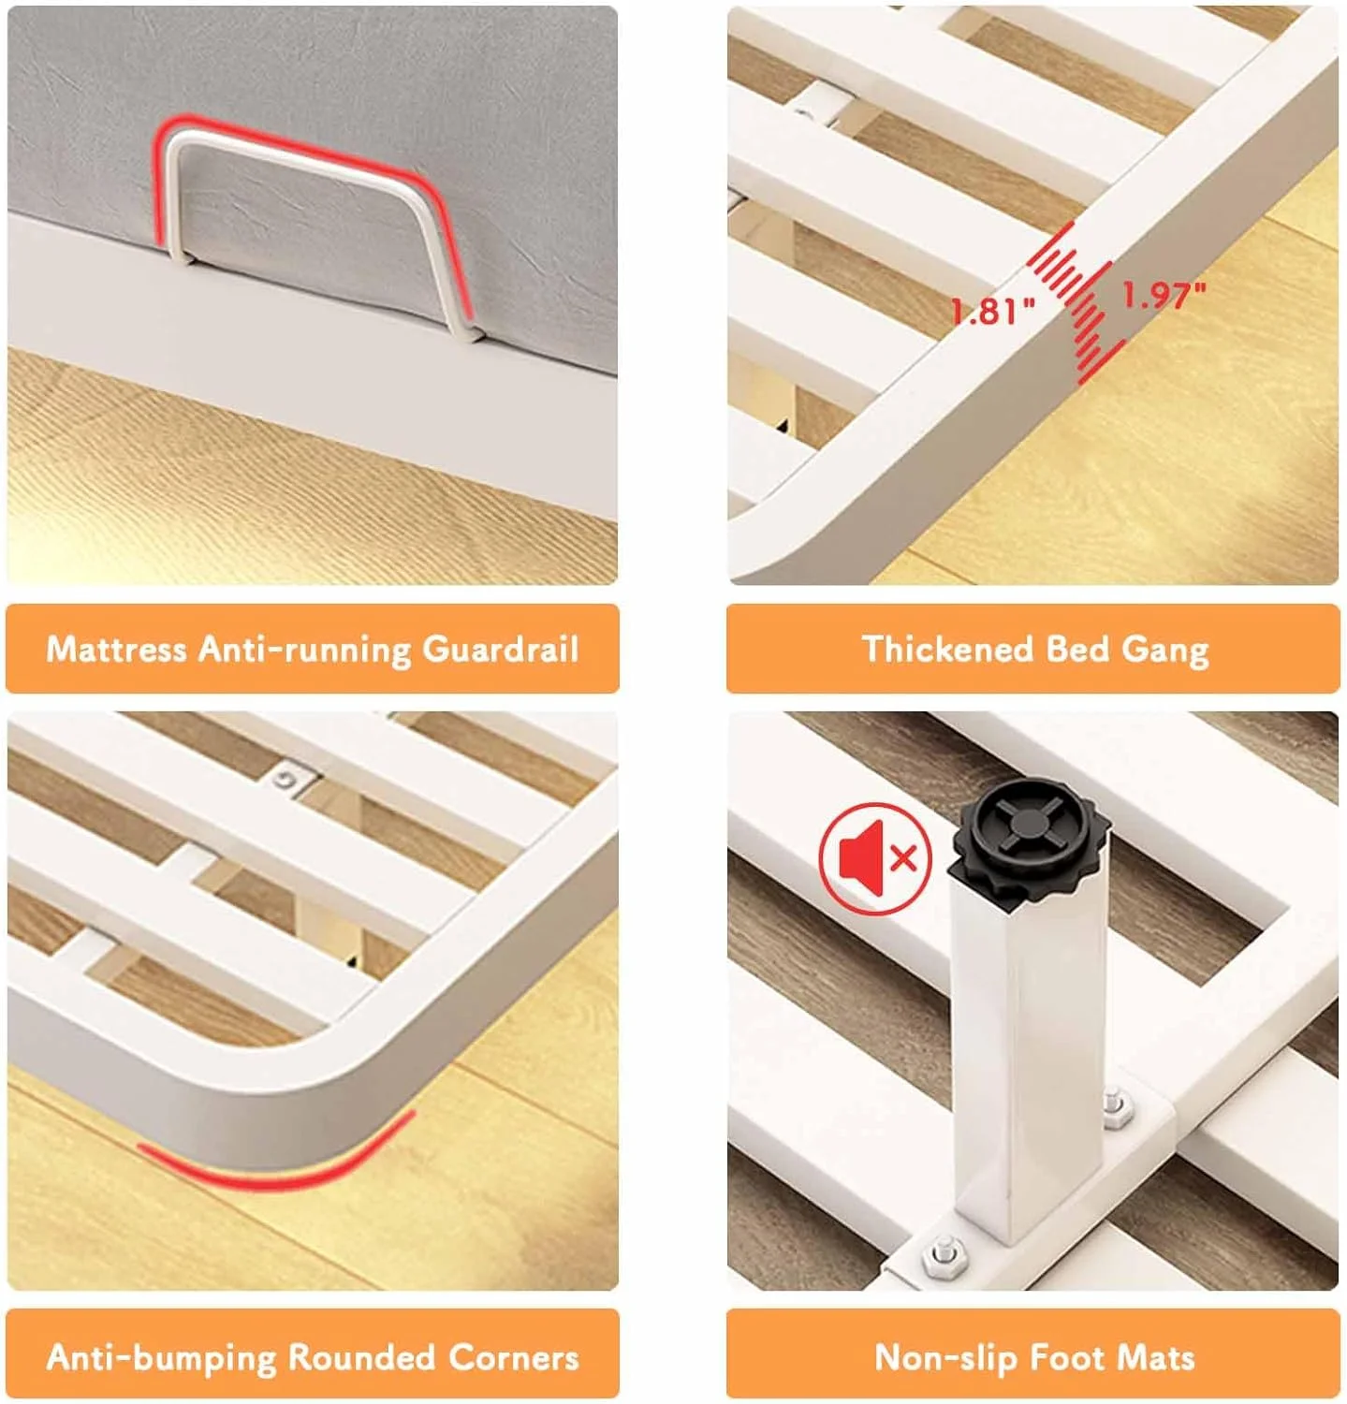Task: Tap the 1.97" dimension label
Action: click(x=1164, y=295)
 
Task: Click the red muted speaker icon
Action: click(x=876, y=856)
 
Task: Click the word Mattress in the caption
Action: click(x=116, y=649)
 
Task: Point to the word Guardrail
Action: click(x=501, y=649)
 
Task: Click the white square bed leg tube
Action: click(x=1028, y=1058)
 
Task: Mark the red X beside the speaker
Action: click(x=903, y=857)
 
